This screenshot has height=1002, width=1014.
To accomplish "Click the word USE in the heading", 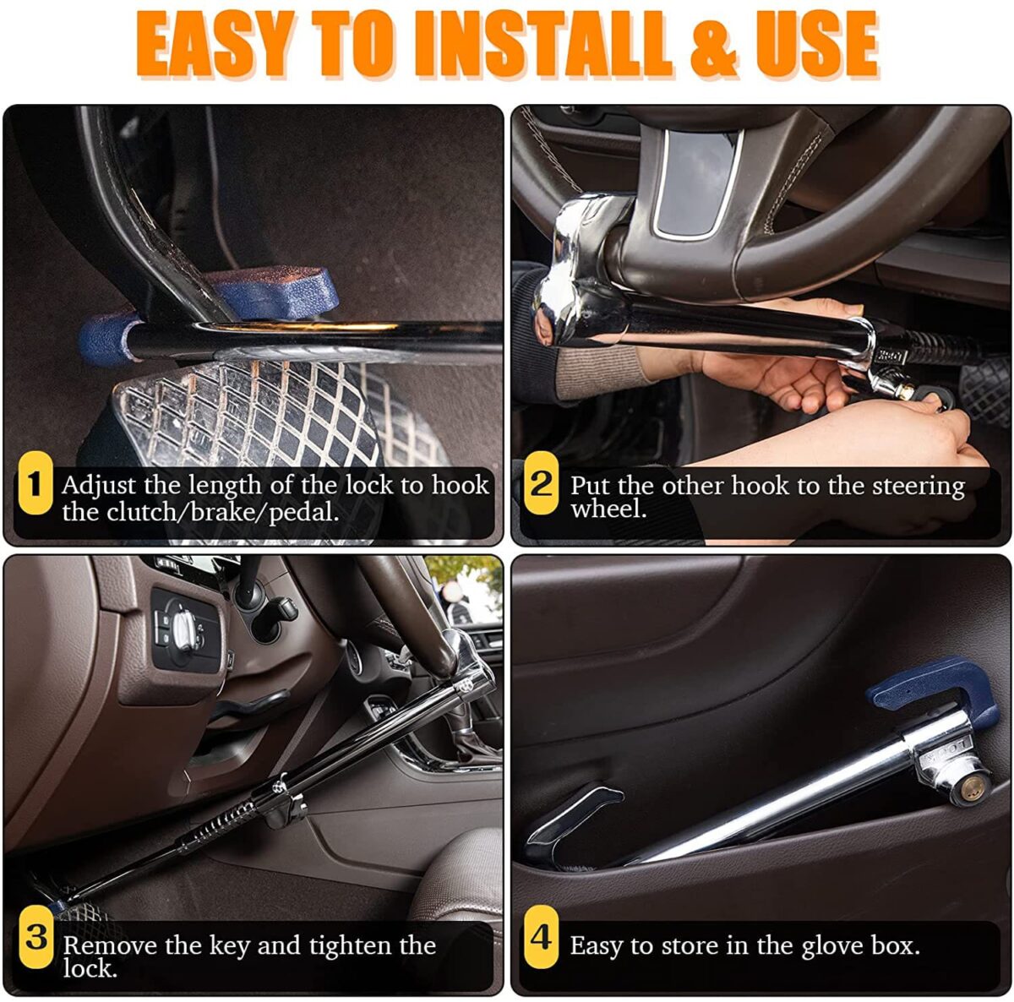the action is (817, 46).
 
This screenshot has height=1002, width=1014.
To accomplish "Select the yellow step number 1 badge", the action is (35, 482).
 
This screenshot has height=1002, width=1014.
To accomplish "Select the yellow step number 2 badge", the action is (541, 482).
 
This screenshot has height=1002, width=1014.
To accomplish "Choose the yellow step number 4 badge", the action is (541, 937).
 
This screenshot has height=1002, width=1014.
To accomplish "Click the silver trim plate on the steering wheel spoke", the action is (700, 183).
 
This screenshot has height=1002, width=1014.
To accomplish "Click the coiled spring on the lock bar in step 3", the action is (218, 828).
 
